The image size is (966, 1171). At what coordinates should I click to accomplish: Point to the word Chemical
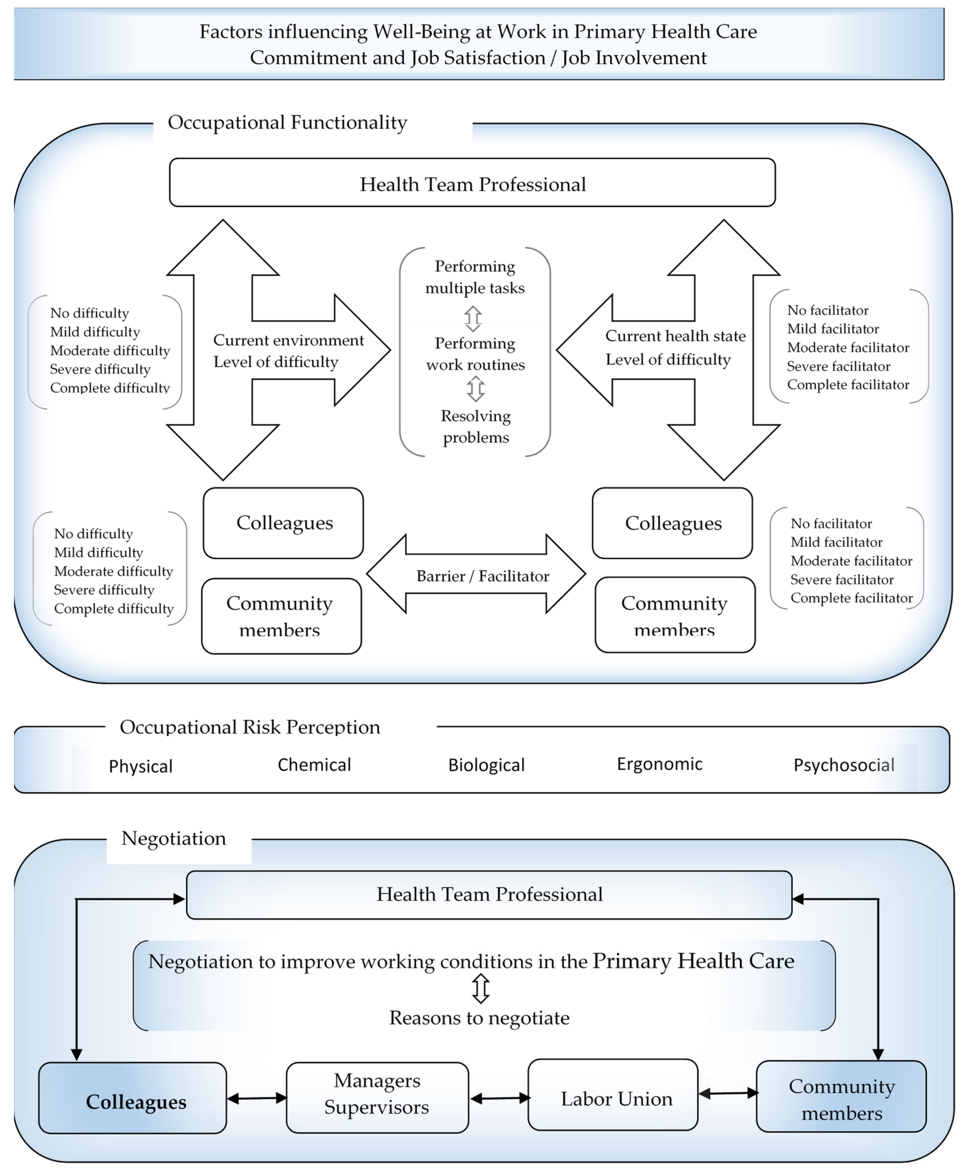[x=314, y=765]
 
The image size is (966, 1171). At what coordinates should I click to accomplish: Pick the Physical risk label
[x=141, y=766]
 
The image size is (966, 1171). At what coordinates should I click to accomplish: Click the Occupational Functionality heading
[x=288, y=122]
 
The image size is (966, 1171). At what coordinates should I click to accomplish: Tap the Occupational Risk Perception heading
[x=250, y=727]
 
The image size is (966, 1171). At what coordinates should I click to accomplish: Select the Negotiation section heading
[x=174, y=838]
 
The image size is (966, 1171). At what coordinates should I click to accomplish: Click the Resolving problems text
[x=476, y=426]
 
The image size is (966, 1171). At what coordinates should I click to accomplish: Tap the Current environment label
[x=288, y=340]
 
